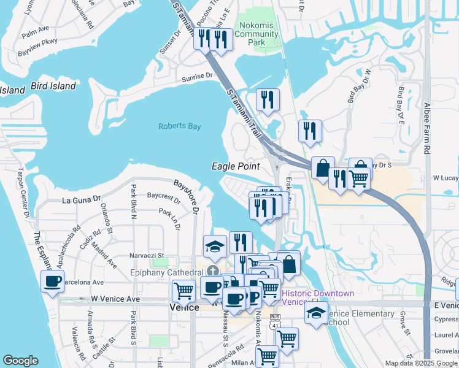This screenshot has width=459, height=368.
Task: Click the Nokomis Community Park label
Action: pos(258,34)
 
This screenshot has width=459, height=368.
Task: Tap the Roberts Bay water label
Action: pos(180,126)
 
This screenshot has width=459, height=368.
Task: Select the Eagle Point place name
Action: pos(236,166)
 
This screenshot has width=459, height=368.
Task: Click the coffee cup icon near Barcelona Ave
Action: pos(52,282)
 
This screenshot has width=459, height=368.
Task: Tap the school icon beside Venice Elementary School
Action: pos(316,313)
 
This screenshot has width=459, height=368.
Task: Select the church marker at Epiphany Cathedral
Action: pos(212,272)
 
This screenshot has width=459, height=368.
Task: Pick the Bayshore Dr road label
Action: pos(186,196)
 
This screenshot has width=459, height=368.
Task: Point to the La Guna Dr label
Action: pos(81,199)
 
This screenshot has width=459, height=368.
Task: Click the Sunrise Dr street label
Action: pos(196,77)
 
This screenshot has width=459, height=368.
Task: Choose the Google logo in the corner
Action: pos(20,361)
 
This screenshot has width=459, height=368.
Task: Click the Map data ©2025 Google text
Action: pos(420,363)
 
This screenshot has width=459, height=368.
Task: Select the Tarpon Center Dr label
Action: pos(23,193)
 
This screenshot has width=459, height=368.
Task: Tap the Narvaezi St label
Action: pos(146,255)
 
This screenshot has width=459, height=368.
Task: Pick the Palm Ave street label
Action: pos(35,29)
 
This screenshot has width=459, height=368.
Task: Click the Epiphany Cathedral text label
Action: pos(167,272)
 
